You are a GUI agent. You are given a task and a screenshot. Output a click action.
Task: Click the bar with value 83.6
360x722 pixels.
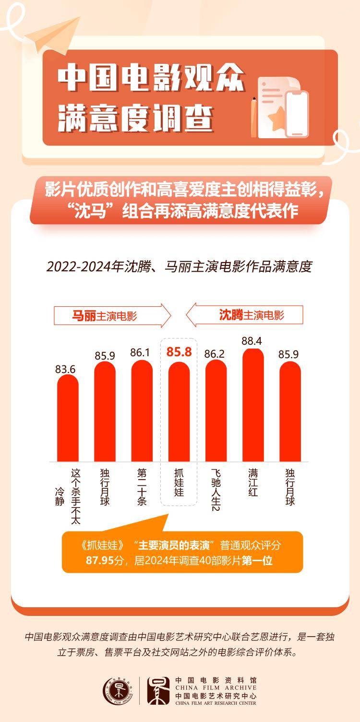(68, 418)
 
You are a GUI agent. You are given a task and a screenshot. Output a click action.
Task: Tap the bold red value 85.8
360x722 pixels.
(179, 352)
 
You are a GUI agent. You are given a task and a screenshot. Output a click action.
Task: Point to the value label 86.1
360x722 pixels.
(142, 352)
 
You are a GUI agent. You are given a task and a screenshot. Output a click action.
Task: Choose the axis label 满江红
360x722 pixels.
(253, 482)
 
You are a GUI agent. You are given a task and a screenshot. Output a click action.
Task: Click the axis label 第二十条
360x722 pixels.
(142, 486)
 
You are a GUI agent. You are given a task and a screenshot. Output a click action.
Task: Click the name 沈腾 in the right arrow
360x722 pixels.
(231, 315)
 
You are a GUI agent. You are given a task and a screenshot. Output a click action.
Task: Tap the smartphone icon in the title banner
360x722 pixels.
(297, 114)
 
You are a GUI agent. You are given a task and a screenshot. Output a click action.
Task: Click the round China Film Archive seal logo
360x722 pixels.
(116, 690)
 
